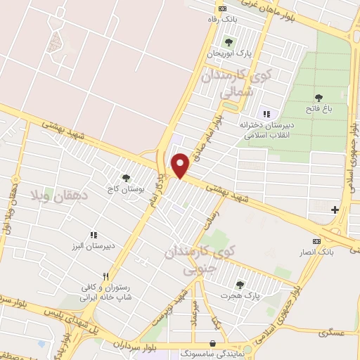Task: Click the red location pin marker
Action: click(181, 165)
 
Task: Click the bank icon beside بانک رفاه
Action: click(223, 8)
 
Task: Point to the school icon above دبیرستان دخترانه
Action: click(266, 113)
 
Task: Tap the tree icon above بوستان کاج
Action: click(127, 178)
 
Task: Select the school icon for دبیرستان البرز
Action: click(93, 235)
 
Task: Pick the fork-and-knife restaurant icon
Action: click(105, 276)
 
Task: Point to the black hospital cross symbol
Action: click(335, 210)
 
